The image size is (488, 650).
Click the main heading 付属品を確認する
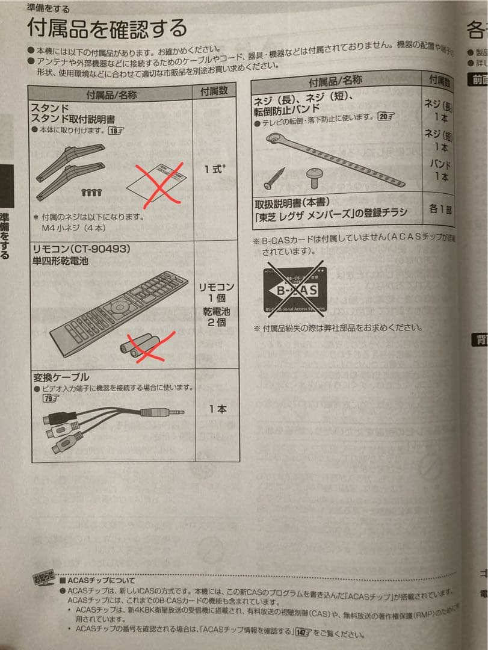pyautogui.click(x=107, y=28)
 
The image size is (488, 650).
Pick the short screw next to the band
pyautogui.click(x=315, y=176)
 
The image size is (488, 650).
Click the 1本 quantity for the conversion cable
pyautogui.click(x=217, y=409)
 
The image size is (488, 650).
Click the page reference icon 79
pyautogui.click(x=51, y=398)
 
